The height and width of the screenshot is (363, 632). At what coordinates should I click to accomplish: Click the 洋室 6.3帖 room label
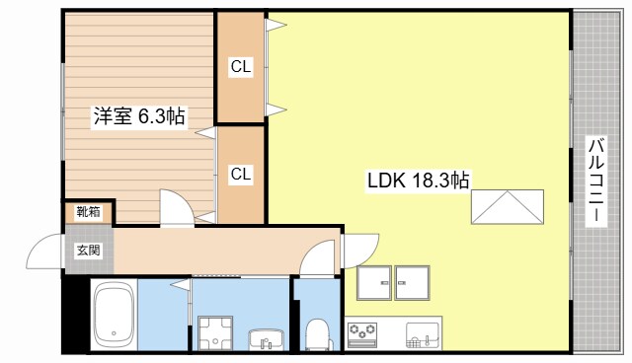coord(139,116)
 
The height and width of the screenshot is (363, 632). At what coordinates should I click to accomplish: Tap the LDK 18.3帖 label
coord(418,180)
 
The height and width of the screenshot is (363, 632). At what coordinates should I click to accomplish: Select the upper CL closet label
coord(241,66)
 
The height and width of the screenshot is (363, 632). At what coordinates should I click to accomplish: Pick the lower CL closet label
coord(241,174)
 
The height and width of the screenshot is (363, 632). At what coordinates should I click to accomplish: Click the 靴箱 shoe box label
coord(89,211)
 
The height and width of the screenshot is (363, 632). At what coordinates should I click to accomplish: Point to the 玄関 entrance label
coord(88,251)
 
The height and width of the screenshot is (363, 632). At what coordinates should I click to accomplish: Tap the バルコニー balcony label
coord(596,181)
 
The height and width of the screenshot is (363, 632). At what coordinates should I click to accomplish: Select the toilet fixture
coord(318,334)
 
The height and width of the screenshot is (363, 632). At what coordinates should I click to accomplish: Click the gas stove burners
coord(362,333)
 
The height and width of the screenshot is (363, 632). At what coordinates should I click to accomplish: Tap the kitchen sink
coord(423,334)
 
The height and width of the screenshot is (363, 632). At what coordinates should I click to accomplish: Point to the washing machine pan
coord(215,333)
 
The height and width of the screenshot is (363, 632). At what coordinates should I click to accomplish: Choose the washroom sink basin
coord(267,340)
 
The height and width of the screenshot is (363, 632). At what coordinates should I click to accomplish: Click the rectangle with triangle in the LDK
coord(508,207)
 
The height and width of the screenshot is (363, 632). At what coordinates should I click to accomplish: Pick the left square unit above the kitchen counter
coord(374,282)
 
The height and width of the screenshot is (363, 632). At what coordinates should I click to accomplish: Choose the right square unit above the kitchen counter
coord(412,282)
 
